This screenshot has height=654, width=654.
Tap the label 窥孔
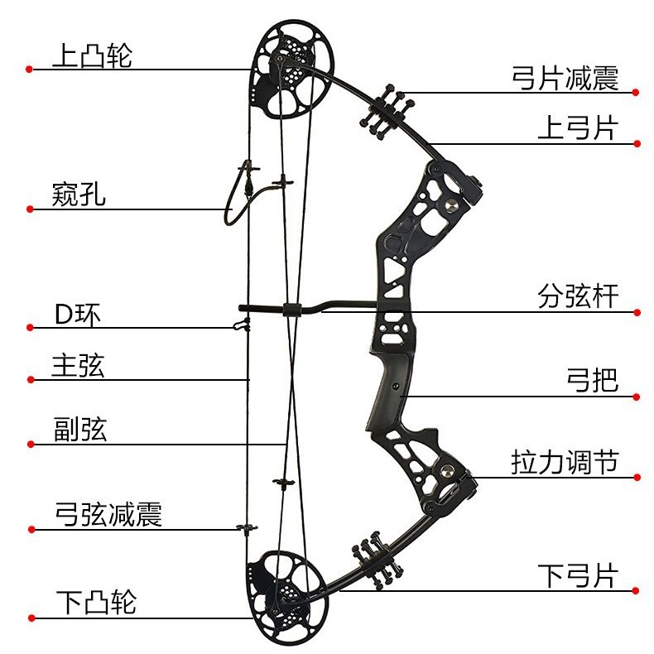(79, 195)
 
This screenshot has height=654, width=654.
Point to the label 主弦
(78, 366)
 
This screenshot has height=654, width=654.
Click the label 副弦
(79, 430)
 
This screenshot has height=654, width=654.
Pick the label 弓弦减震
(108, 514)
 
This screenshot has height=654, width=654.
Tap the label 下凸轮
(96, 602)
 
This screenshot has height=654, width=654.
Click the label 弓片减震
(565, 79)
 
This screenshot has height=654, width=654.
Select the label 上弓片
(578, 128)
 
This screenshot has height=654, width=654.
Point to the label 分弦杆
(578, 296)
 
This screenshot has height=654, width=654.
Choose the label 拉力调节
(565, 462)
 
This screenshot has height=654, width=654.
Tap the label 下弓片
(578, 575)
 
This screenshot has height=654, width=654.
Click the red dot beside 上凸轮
(29, 70)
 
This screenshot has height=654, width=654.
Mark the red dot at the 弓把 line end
(637, 396)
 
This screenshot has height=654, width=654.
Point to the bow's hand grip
(389, 397)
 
